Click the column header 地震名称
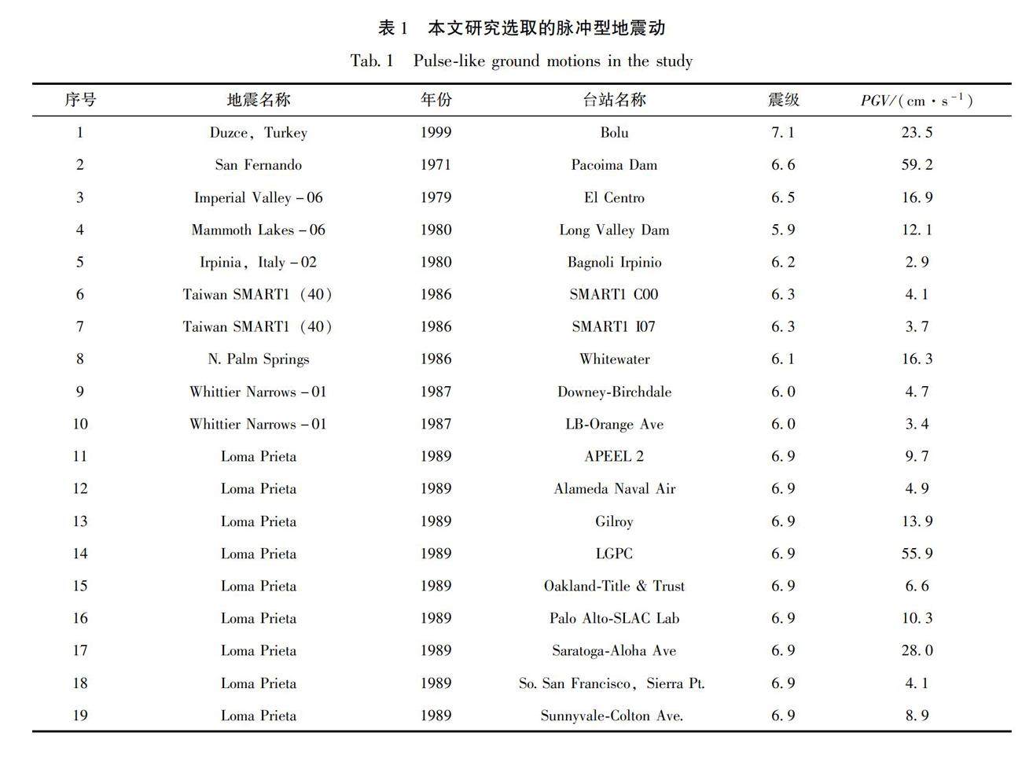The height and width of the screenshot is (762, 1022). pos(259,100)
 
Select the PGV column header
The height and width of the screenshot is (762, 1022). pos(916,101)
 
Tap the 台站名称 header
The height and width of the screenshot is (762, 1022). pos(614,100)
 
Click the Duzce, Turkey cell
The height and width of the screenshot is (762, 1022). pos(258,133)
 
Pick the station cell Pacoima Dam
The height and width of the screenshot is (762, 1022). pos(614,165)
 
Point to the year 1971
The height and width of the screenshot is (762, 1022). pos(436,165)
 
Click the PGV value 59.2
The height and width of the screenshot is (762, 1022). pos(917,165)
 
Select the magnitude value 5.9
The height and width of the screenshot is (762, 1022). pos(783,230)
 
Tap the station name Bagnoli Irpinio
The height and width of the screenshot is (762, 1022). pos(614,263)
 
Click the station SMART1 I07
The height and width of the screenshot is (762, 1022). pos(613,327)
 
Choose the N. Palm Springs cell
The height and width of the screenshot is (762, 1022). pos(259,359)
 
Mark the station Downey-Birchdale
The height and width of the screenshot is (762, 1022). pos(614,392)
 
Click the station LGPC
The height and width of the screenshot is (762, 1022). pos(614,554)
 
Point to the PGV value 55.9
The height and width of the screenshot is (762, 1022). pos(917,554)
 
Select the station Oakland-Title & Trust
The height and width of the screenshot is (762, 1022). pos(614,587)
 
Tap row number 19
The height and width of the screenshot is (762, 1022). pos(80,716)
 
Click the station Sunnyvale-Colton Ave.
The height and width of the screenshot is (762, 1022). pos(612,716)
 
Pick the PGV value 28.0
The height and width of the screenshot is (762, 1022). pos(917,651)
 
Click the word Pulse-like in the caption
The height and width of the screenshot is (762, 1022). pos(449,61)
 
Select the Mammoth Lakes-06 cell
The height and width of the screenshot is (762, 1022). pos(258,230)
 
